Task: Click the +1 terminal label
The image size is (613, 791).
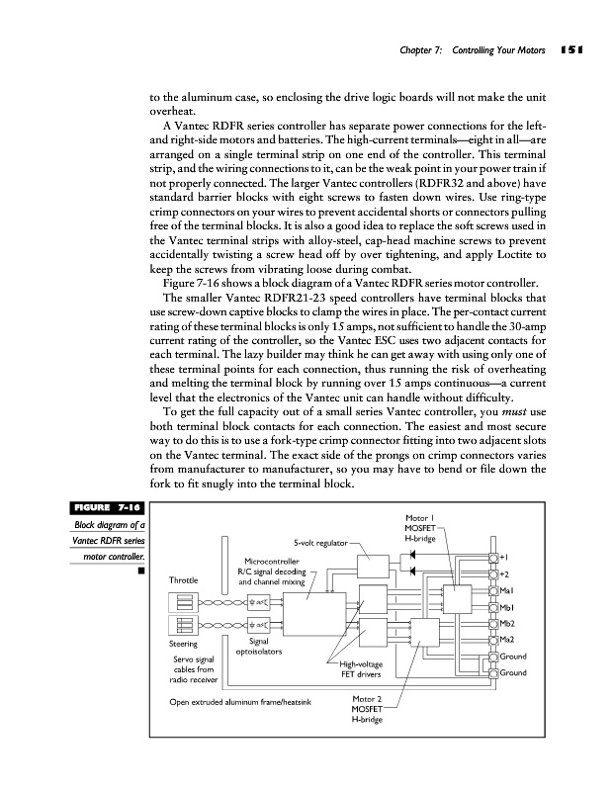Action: (x=504, y=557)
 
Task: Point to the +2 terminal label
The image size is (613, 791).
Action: (x=504, y=573)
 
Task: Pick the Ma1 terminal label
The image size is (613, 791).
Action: (x=507, y=590)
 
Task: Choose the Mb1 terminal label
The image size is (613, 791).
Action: (x=507, y=607)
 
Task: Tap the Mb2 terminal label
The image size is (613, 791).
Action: (x=507, y=624)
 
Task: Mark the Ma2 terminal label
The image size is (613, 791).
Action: (x=507, y=641)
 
